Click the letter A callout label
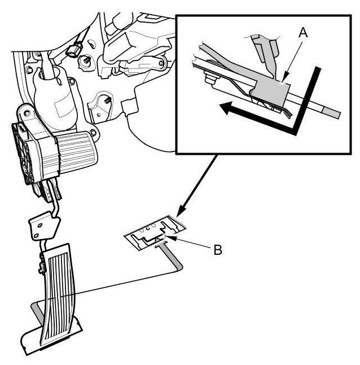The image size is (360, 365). (303, 32)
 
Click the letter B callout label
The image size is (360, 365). (218, 250)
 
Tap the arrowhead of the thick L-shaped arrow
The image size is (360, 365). (226, 108)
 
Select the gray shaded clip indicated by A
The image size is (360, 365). (271, 93)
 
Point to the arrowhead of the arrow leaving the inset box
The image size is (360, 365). (182, 211)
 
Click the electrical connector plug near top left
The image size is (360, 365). (74, 49)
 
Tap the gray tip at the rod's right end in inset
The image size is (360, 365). (332, 113)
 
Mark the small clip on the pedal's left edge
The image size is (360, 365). (42, 263)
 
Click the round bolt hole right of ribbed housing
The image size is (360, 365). (93, 133)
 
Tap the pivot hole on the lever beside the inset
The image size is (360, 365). (161, 63)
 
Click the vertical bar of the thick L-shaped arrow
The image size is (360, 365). (307, 100)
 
